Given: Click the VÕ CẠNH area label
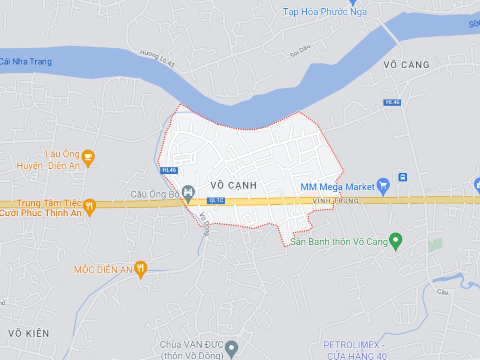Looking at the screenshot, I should point(233,185).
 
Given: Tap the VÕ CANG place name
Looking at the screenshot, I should point(406,65).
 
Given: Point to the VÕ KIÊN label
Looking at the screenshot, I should point(29,333).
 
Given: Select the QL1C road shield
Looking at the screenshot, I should point(216,201).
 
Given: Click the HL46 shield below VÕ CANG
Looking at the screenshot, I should point(393,102).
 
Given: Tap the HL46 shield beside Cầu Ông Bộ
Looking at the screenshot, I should point(169,170).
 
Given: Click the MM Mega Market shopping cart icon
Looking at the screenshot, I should point(383,186).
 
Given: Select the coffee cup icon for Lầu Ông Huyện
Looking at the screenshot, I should point(88,158).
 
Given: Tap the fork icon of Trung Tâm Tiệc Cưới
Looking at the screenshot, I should point(89,206).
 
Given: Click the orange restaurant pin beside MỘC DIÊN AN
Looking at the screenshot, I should point(141,268).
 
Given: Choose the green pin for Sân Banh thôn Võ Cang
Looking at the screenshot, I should point(395,241).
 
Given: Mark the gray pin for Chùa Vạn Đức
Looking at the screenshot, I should point(232,348).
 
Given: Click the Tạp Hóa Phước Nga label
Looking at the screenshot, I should point(325,12).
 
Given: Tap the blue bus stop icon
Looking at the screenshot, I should point(403,177).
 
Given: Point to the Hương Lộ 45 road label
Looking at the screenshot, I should point(157,58).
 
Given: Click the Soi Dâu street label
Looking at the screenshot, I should point(300,51).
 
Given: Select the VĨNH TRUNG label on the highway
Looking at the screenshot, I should point(336,201).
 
